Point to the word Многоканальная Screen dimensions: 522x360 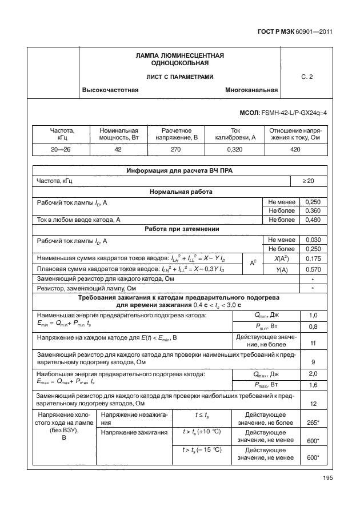click(x=251, y=90)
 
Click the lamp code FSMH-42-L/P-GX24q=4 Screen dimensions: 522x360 click(x=293, y=113)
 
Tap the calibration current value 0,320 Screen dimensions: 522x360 click(x=235, y=149)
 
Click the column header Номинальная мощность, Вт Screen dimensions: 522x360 click(x=119, y=134)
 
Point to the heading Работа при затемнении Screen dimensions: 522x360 click(x=179, y=229)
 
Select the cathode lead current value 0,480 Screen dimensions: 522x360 click(x=313, y=220)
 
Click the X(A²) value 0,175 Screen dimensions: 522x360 click(x=313, y=258)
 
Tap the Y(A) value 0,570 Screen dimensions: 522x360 click(x=313, y=269)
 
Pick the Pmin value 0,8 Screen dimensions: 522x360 click(x=313, y=326)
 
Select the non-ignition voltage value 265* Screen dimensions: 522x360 click(x=313, y=422)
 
